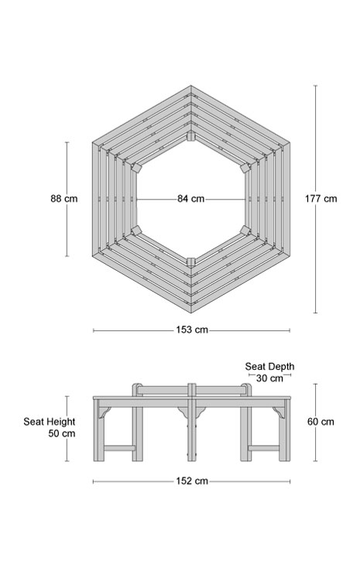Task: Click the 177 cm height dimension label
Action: tap(321, 198)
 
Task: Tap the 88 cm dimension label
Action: tap(64, 198)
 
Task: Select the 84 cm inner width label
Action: tap(190, 199)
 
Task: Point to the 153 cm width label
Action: tap(192, 330)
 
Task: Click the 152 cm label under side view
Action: tap(192, 481)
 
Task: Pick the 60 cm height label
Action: tap(321, 422)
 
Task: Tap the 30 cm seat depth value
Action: tap(269, 378)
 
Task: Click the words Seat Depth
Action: tap(269, 367)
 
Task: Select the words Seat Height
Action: tap(50, 422)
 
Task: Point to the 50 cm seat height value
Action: tap(62, 433)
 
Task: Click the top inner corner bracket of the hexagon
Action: tap(190, 136)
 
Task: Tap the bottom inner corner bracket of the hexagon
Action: tap(190, 262)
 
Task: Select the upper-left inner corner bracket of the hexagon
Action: tap(136, 167)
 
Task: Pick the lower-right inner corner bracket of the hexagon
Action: tap(245, 230)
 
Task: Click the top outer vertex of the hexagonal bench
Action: tap(190, 86)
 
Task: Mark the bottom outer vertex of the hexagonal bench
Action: tap(190, 312)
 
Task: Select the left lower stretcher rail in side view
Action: tap(119, 448)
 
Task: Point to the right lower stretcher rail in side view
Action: tap(264, 448)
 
